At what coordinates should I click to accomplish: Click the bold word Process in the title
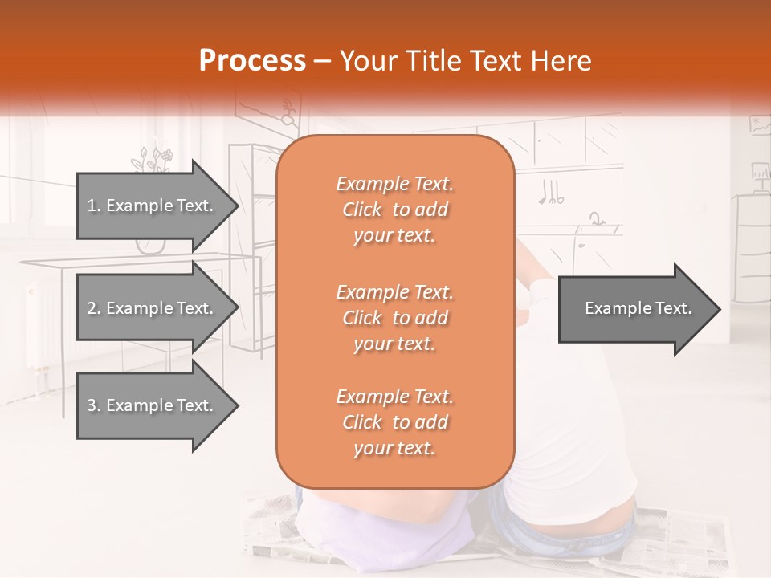coord(252,61)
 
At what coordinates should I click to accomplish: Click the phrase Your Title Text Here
coord(466,61)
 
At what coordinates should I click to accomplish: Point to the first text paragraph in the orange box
coord(395,210)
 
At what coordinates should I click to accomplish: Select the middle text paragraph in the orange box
coord(395,318)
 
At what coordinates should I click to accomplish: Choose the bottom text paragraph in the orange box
coord(395,422)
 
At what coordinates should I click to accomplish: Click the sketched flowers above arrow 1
coord(153,159)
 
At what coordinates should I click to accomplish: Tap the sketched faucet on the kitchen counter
coord(596,218)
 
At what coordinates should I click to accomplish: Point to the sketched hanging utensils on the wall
coord(551,191)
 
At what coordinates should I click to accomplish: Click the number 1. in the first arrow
coord(94,206)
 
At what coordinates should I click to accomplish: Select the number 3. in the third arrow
coord(94,405)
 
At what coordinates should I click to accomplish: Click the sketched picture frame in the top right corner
coord(759,124)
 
